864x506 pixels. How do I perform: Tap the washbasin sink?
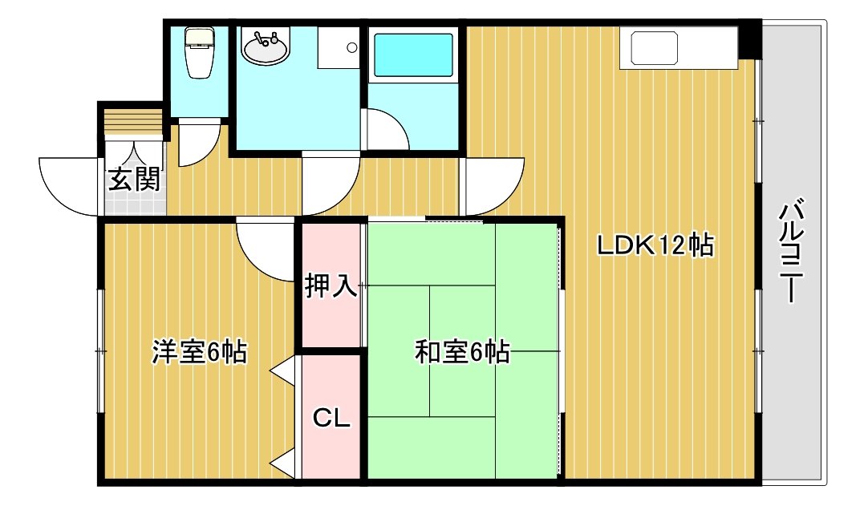[x=265, y=47]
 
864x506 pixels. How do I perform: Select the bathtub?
[x=413, y=55]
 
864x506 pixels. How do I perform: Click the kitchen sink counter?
[x=679, y=48]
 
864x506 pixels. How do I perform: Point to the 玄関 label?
[x=135, y=179]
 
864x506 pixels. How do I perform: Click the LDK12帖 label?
[x=655, y=245]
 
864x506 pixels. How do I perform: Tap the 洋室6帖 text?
[x=200, y=352]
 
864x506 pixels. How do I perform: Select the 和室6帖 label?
[x=462, y=352]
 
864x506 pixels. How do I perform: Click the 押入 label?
[x=331, y=285]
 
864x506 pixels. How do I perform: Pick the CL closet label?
[x=331, y=418]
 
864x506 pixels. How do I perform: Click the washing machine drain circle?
[x=351, y=48]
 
